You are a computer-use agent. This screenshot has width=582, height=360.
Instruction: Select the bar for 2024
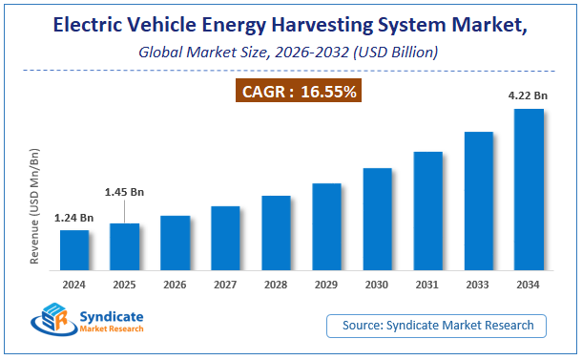[74, 250]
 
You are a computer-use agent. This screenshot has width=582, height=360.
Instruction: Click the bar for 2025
[125, 246]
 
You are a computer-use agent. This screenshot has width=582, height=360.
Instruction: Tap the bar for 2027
[225, 238]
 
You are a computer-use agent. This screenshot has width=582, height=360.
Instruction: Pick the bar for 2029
[326, 226]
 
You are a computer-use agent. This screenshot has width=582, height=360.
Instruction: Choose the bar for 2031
[427, 211]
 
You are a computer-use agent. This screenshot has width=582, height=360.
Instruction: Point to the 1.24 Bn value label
[73, 219]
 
